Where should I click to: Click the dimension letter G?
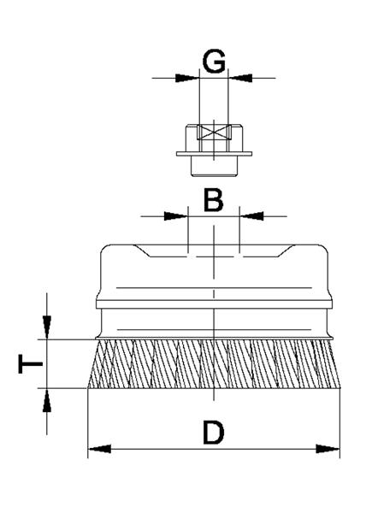point(214,61)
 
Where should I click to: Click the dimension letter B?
point(213,199)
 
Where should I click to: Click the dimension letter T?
point(31,363)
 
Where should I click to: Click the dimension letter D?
point(214,433)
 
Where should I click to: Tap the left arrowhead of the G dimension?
point(187,78)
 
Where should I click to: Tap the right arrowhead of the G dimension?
point(240,78)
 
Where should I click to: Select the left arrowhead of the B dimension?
point(176,216)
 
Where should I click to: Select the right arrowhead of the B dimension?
point(251,216)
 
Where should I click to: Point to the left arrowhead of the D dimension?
point(100,449)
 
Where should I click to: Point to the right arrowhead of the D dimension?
point(328,449)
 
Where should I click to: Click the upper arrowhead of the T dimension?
point(47,327)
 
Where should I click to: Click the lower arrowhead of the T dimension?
point(47,400)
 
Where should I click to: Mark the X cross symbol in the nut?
point(214,133)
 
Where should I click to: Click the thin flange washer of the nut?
point(214,154)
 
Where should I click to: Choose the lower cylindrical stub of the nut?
point(214,166)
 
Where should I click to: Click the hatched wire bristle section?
point(214,364)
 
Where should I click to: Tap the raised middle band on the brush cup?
point(214,304)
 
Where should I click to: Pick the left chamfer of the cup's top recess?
point(142,251)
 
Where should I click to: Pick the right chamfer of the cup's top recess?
point(286,251)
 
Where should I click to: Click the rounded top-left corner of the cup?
point(103,248)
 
